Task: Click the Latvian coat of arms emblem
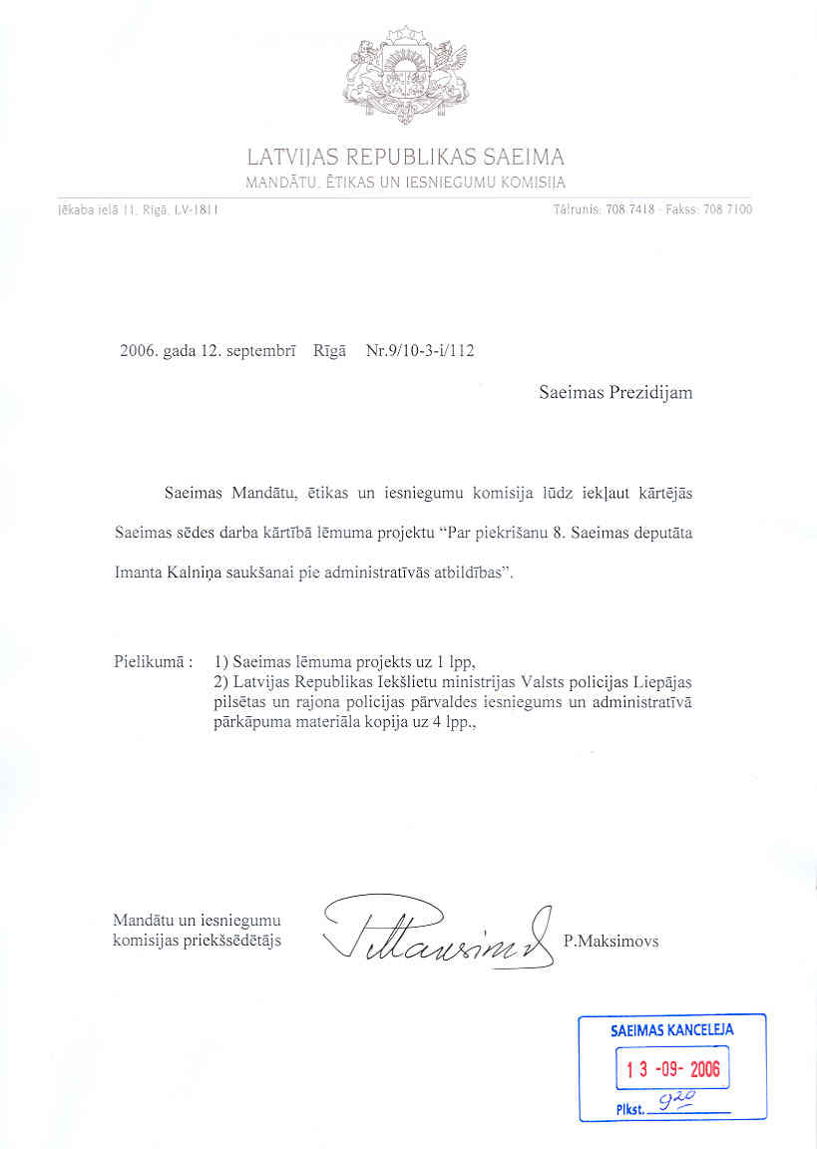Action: tap(406, 76)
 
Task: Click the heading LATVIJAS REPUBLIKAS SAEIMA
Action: tap(406, 158)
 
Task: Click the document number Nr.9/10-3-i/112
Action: tap(420, 351)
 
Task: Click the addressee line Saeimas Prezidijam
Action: tap(615, 393)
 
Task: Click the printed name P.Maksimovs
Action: tap(611, 941)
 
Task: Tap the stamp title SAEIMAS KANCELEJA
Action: tap(671, 1030)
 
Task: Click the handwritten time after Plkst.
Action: tap(676, 1099)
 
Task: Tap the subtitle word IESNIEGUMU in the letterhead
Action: tap(449, 182)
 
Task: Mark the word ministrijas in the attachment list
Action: tap(472, 682)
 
